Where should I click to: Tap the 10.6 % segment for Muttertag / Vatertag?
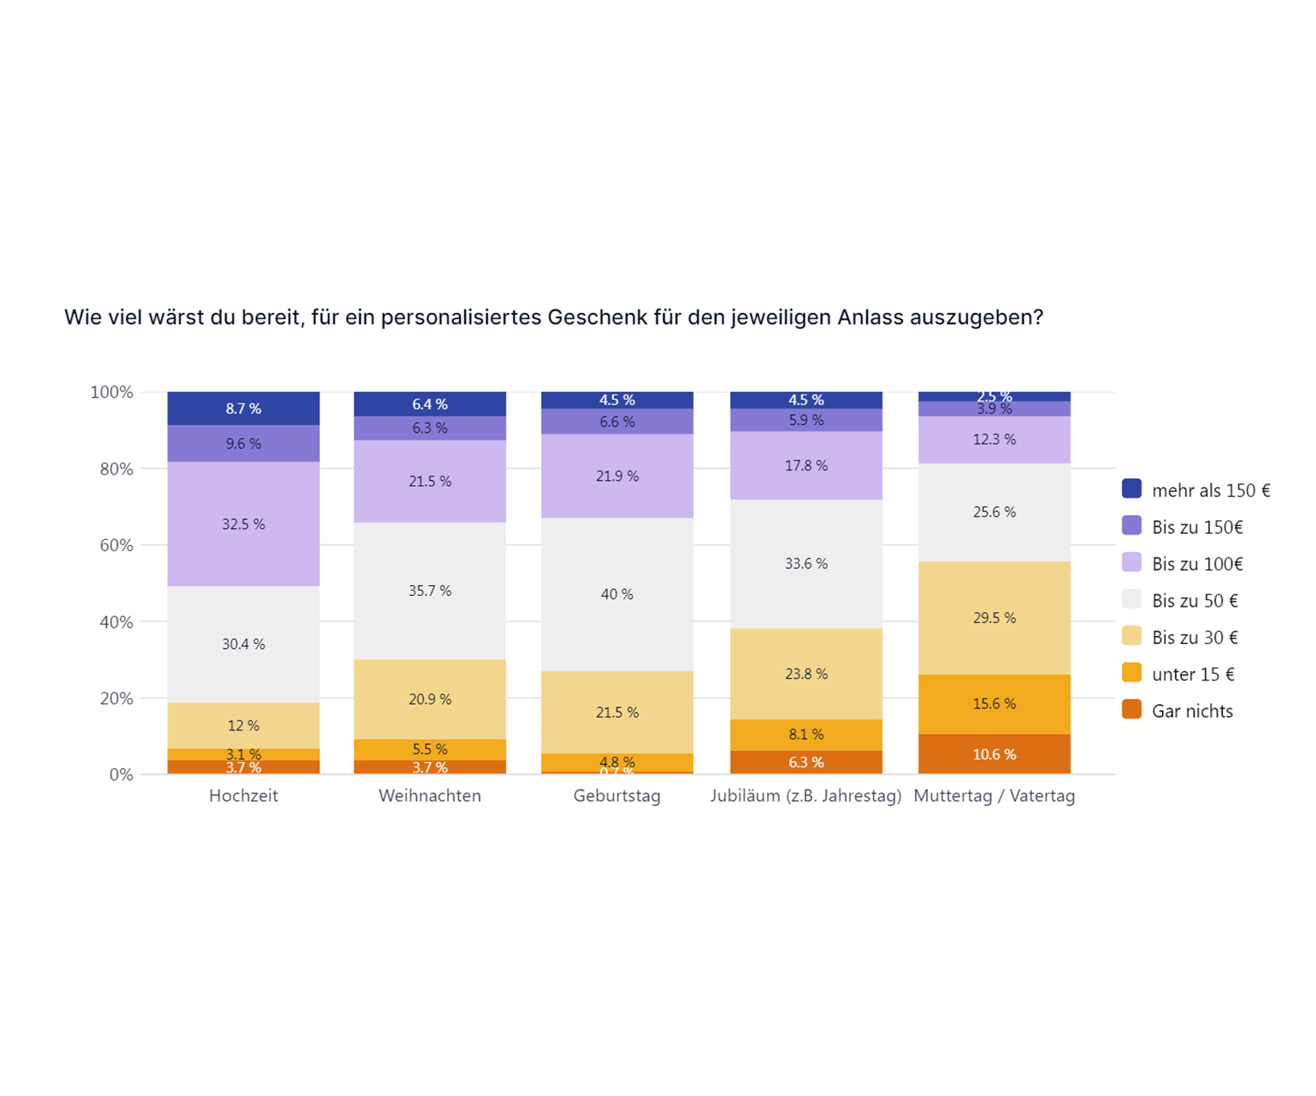pyautogui.click(x=994, y=754)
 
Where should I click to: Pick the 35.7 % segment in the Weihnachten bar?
pyautogui.click(x=430, y=591)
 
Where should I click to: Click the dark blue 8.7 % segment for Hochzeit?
pyautogui.click(x=243, y=408)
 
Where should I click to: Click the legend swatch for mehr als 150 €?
pyautogui.click(x=1131, y=488)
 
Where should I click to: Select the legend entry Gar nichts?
pyautogui.click(x=1192, y=712)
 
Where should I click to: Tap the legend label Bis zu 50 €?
pyautogui.click(x=1194, y=601)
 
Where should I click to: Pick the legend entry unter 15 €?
pyautogui.click(x=1193, y=675)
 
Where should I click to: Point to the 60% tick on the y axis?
pyautogui.click(x=117, y=545)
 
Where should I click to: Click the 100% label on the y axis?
pyautogui.click(x=111, y=393)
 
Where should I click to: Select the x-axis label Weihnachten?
pyautogui.click(x=430, y=796)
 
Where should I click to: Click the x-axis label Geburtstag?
pyautogui.click(x=617, y=796)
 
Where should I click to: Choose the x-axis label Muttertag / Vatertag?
pyautogui.click(x=994, y=796)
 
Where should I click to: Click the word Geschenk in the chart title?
pyautogui.click(x=597, y=317)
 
